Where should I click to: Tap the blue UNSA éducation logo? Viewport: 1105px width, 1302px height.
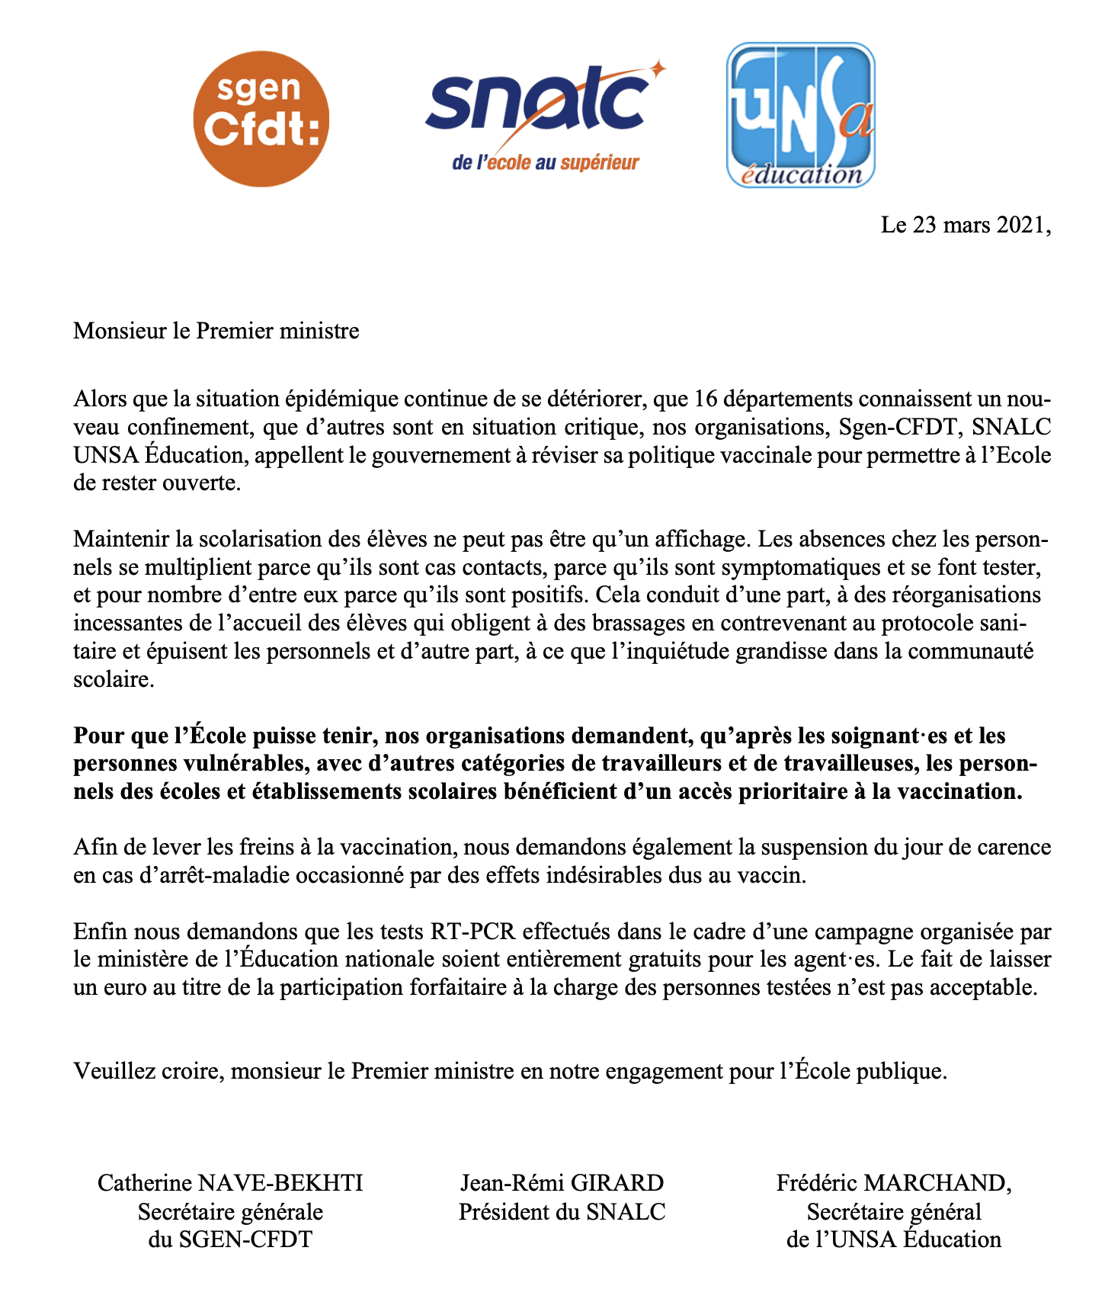tap(800, 114)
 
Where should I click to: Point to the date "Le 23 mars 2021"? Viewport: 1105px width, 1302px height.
tap(966, 226)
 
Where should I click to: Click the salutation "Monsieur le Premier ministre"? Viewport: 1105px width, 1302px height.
tap(216, 331)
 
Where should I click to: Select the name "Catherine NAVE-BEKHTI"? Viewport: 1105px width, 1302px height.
tap(230, 1183)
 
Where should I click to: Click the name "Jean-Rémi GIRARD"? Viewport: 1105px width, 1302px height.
tap(562, 1183)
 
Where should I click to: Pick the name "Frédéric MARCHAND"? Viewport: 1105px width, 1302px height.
tap(893, 1183)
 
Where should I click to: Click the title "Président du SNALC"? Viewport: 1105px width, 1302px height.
tap(562, 1211)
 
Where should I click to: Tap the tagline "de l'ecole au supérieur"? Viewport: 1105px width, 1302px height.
tap(545, 162)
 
